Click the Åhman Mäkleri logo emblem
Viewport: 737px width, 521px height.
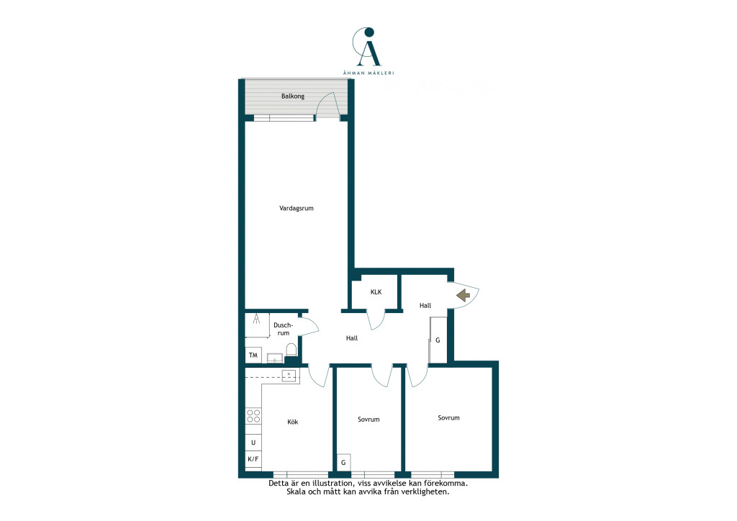click(367, 47)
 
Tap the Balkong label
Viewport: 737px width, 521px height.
click(293, 96)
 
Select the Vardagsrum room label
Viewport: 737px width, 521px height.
click(296, 208)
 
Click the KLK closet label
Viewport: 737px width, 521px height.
click(376, 292)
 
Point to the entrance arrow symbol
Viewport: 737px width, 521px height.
click(464, 295)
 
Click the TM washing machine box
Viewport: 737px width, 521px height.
click(253, 355)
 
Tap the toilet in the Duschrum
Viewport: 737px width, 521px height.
click(291, 350)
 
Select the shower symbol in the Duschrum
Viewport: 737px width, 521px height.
click(257, 319)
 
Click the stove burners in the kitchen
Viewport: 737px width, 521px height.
click(253, 416)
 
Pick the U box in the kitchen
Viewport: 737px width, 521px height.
click(253, 443)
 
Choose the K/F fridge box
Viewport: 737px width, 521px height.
click(253, 459)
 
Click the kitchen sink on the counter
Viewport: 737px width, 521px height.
click(289, 376)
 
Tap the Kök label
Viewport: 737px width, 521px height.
click(292, 422)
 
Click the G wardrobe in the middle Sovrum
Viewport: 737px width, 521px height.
click(343, 462)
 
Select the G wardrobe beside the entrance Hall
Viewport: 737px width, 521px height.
click(438, 340)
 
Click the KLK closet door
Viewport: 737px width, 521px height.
click(376, 320)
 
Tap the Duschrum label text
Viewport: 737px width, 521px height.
click(283, 329)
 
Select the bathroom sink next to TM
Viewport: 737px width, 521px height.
click(275, 358)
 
